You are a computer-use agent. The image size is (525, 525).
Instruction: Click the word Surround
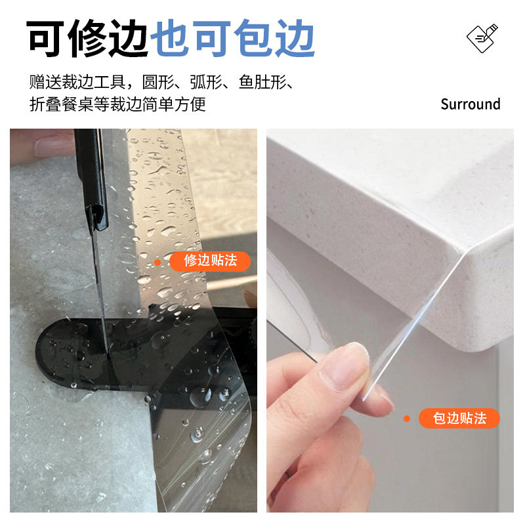click(470, 104)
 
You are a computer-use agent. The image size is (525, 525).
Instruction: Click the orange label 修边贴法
click(210, 261)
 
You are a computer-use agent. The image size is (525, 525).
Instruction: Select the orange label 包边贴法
click(459, 418)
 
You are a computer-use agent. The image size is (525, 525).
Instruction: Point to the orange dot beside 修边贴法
click(157, 262)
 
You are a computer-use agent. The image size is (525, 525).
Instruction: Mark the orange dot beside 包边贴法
click(407, 418)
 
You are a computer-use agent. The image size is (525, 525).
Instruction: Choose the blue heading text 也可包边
click(233, 39)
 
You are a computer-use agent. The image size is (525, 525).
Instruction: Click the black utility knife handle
click(89, 171)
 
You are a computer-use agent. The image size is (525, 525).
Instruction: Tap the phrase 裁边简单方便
click(159, 104)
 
